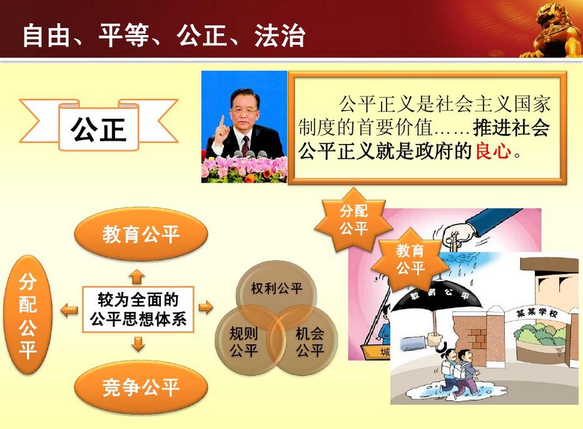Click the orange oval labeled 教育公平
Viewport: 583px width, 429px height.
(141, 235)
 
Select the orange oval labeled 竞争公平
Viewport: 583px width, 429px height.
(141, 387)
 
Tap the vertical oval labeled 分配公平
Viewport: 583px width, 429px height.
(28, 315)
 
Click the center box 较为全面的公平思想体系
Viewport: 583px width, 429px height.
(138, 310)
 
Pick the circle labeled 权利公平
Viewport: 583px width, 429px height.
(276, 290)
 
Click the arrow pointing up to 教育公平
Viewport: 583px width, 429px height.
(137, 276)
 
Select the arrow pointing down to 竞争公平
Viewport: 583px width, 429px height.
(138, 344)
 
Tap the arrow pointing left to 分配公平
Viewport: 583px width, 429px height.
(69, 310)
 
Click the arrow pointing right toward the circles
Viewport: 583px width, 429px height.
(206, 308)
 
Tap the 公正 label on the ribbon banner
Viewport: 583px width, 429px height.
(99, 128)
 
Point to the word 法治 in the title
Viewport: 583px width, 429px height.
(280, 36)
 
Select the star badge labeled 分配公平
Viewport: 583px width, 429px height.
(353, 220)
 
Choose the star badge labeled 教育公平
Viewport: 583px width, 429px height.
(410, 259)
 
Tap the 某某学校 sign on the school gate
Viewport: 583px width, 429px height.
(537, 313)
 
